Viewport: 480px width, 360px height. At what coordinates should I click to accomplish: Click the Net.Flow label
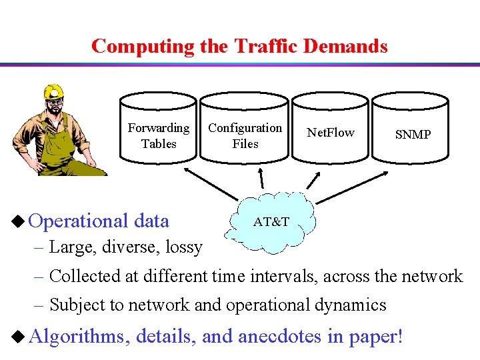[331, 133]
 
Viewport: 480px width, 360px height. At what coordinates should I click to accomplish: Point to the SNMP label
[413, 135]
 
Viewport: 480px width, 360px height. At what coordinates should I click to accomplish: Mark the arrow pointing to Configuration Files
[262, 177]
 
